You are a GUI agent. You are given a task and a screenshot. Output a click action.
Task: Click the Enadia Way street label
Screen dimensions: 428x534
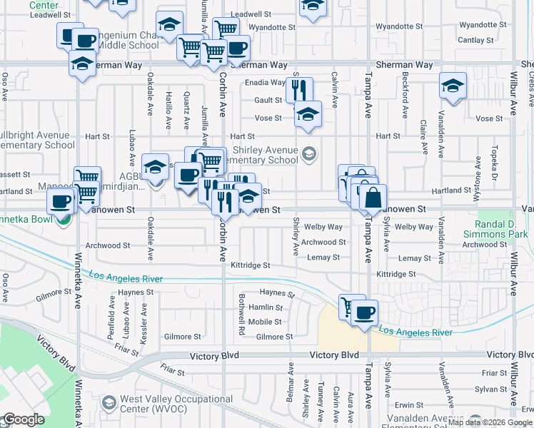[x=266, y=83]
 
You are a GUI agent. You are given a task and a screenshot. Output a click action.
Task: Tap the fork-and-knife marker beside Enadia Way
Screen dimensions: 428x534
[x=298, y=89]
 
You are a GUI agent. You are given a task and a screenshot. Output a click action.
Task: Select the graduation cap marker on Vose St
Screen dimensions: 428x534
[x=308, y=113]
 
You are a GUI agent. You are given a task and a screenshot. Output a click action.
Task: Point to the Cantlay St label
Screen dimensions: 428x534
[x=475, y=40]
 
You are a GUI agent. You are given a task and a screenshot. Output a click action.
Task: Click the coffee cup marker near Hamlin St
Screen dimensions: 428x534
[x=364, y=312]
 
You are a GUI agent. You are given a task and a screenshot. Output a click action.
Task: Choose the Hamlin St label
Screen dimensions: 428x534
[x=265, y=307]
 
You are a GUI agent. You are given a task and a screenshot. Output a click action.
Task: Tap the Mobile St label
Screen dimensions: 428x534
[x=265, y=322]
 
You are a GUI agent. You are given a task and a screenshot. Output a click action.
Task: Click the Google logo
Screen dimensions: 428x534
[x=24, y=419]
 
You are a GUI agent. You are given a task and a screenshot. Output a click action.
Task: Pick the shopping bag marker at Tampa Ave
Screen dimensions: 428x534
[x=373, y=198]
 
